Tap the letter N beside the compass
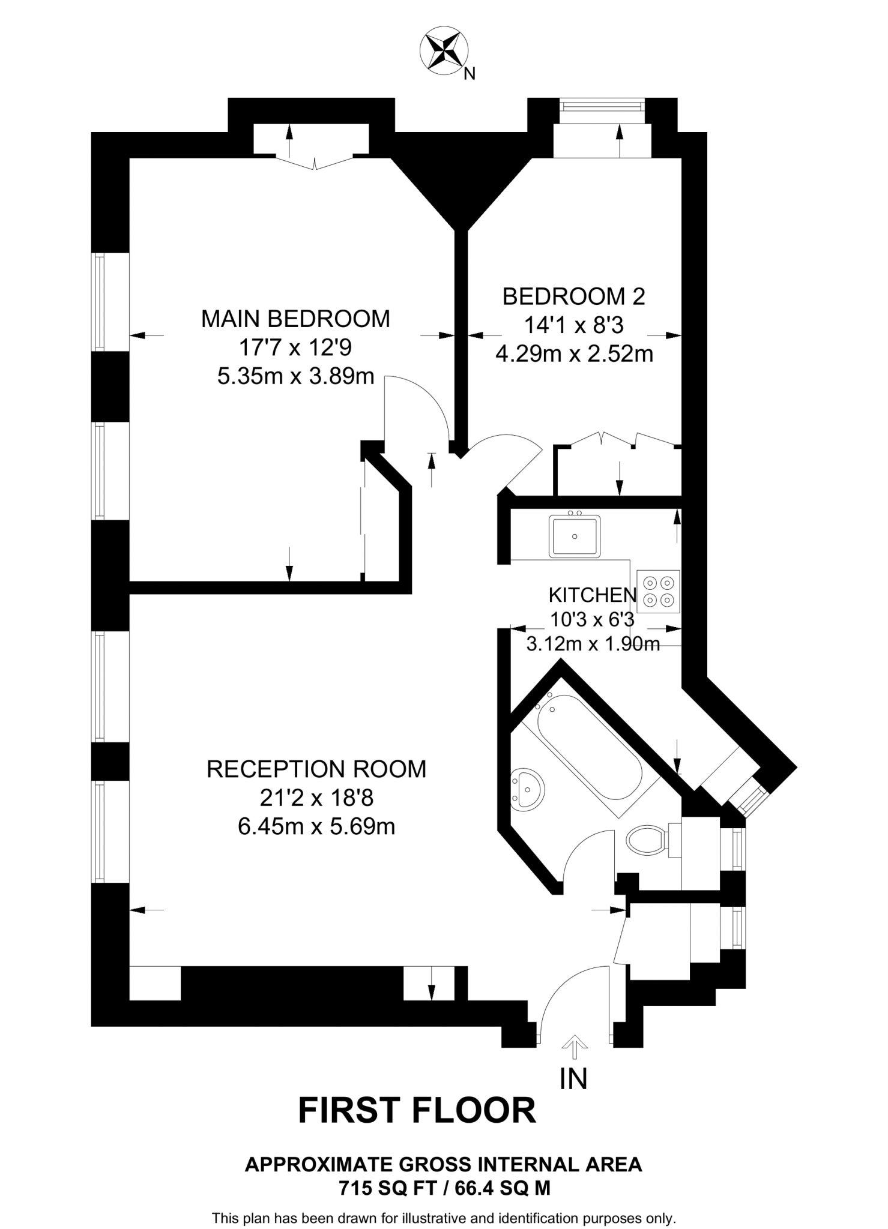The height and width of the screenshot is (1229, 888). (470, 74)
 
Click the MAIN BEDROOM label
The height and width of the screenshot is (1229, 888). (295, 319)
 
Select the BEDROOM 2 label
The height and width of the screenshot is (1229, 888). (573, 296)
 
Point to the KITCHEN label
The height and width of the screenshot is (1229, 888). (592, 595)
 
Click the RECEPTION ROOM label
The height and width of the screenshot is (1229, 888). (316, 769)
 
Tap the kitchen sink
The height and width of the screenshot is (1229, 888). (575, 536)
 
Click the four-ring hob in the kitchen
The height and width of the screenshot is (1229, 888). (658, 591)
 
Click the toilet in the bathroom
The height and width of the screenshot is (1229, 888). (646, 840)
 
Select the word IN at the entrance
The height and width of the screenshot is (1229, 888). (573, 1078)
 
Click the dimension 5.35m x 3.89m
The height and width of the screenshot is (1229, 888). (295, 377)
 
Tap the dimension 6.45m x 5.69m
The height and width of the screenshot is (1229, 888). (316, 827)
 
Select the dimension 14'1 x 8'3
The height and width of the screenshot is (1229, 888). (573, 325)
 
